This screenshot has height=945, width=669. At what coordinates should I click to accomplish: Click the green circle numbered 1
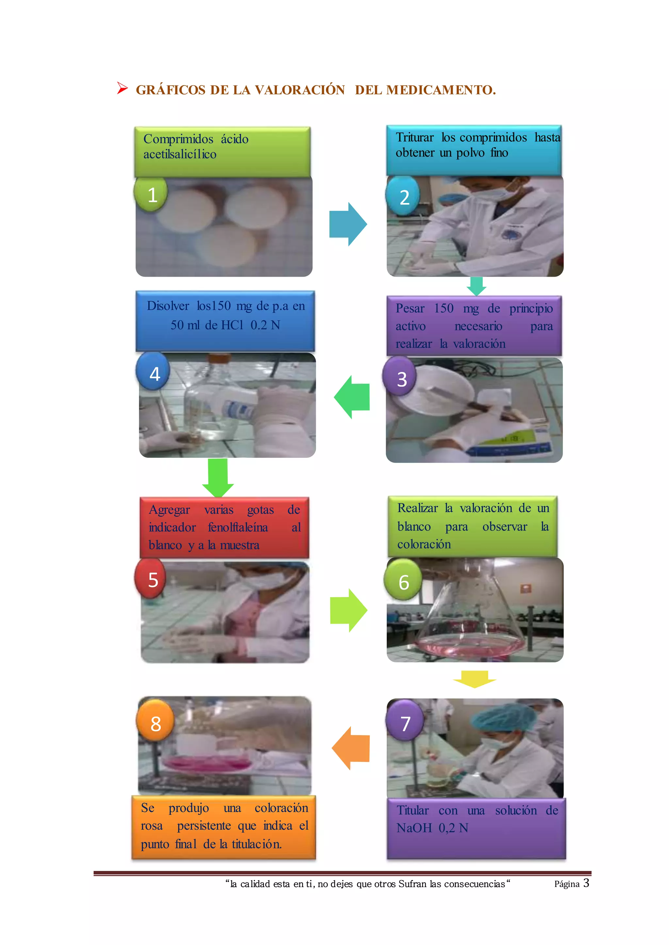pos(152,194)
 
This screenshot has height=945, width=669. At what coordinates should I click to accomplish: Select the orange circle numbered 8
pos(155,723)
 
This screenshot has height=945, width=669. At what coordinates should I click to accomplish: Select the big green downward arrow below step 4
pos(218,477)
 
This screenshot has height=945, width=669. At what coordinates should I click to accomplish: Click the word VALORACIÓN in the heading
pos(300,90)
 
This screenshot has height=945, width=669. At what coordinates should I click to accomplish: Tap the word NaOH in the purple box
pos(414,828)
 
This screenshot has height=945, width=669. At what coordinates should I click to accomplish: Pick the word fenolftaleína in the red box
pos(238,527)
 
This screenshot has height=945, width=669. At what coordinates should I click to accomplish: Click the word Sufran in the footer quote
pos(413,884)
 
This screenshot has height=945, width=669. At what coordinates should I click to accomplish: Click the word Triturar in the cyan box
pos(415,137)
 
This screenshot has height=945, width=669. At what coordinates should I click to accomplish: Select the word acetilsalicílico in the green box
pos(180,154)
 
